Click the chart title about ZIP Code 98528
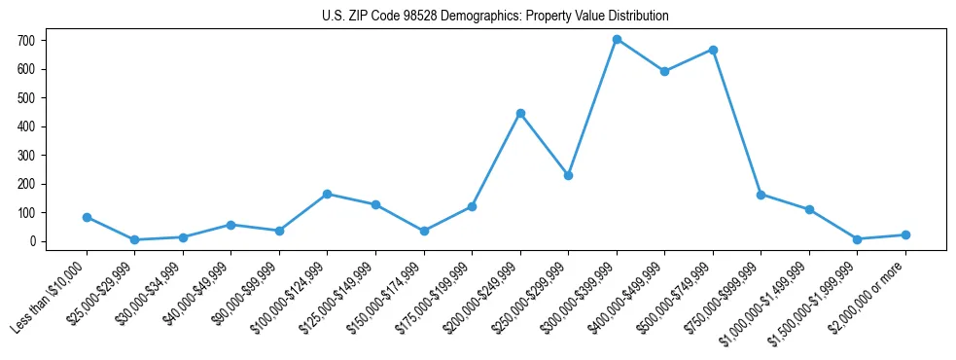point(495,17)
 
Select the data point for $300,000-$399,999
point(617,40)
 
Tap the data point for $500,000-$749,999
point(713,50)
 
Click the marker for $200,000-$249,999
point(520,113)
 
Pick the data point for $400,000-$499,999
point(664,71)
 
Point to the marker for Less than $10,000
point(87,217)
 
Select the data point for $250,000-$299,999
point(568,175)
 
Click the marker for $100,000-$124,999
point(328,194)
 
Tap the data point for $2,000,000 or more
point(905,234)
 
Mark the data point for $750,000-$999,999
point(761,194)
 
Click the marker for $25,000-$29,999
point(135,239)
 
